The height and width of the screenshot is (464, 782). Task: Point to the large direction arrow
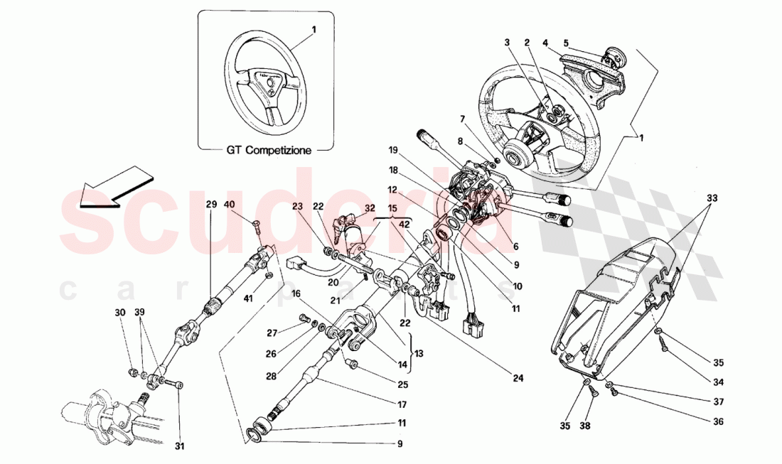pyautogui.click(x=113, y=187)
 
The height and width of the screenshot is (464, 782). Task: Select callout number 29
pyautogui.click(x=211, y=205)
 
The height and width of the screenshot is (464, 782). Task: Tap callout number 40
pyautogui.click(x=249, y=205)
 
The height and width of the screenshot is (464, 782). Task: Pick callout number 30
pyautogui.click(x=120, y=312)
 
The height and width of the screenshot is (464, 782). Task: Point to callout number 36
pyautogui.click(x=718, y=421)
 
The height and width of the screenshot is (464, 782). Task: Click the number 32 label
pyautogui.click(x=370, y=208)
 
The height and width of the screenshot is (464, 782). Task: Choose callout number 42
pyautogui.click(x=405, y=225)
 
